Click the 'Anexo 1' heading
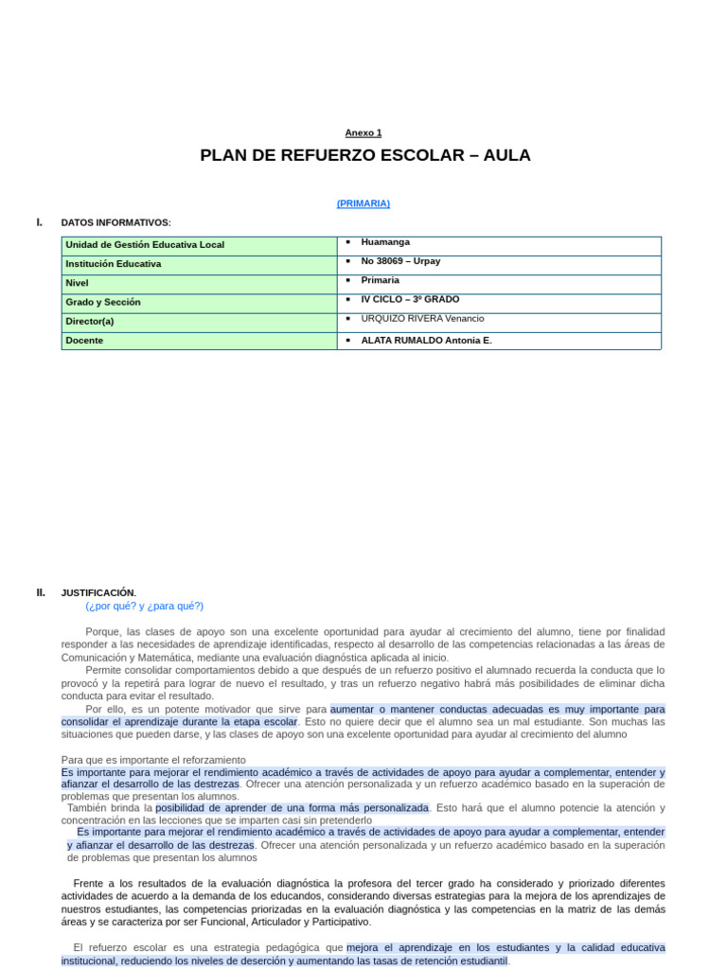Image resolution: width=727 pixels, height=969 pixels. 363,133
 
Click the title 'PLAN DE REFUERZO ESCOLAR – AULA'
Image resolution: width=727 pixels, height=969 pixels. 365,156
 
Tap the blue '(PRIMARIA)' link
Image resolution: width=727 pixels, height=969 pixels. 363,203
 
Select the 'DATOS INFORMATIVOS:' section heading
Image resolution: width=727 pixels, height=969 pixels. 115,222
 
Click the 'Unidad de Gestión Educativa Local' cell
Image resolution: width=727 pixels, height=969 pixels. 145,245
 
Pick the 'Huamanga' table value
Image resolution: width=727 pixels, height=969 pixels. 385,242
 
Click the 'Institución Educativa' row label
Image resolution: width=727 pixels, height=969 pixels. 113,264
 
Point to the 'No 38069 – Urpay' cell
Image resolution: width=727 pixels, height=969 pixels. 400,261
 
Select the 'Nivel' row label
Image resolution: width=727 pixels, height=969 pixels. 77,283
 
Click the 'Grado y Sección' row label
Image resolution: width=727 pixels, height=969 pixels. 102,302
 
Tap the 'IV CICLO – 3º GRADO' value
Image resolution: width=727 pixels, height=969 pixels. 410,299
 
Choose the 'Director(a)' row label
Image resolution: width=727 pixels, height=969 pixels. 90,321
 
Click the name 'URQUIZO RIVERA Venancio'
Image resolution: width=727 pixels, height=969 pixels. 422,318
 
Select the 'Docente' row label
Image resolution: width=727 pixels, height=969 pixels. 84,341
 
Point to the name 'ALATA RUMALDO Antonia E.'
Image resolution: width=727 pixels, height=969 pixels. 426,341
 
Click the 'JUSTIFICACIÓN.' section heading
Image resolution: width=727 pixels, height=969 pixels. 98,593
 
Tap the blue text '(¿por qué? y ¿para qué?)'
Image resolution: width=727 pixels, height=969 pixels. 144,607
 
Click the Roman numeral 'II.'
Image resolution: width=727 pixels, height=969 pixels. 41,592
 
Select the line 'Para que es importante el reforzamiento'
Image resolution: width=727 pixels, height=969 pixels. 153,760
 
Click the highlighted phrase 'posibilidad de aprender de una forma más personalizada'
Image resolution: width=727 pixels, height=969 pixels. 293,808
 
